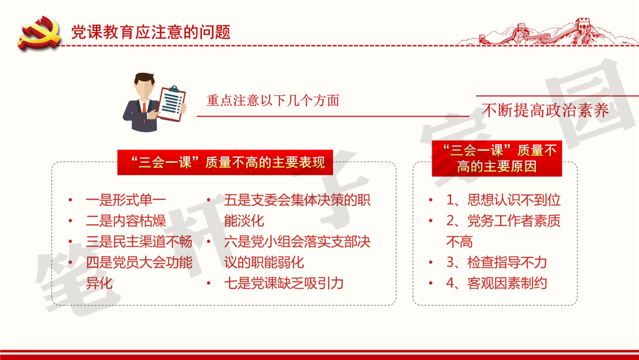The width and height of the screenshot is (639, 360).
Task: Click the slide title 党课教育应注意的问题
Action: point(150,32)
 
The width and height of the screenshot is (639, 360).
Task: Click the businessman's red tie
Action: point(144,108)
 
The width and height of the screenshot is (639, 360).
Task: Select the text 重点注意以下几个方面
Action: point(273,101)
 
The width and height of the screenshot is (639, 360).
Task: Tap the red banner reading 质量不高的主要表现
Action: point(227,162)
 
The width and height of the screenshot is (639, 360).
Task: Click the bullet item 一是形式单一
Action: point(126,200)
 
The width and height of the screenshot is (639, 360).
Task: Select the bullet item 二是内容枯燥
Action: point(125,221)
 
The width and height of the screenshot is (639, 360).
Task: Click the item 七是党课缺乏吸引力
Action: point(284,283)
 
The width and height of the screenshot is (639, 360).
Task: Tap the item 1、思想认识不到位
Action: point(503,200)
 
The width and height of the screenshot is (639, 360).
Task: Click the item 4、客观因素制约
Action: point(496,283)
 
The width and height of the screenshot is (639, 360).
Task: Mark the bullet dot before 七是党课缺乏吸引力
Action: point(209,284)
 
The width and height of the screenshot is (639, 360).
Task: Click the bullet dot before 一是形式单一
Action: point(71,201)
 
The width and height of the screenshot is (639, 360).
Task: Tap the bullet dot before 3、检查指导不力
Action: point(431,263)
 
